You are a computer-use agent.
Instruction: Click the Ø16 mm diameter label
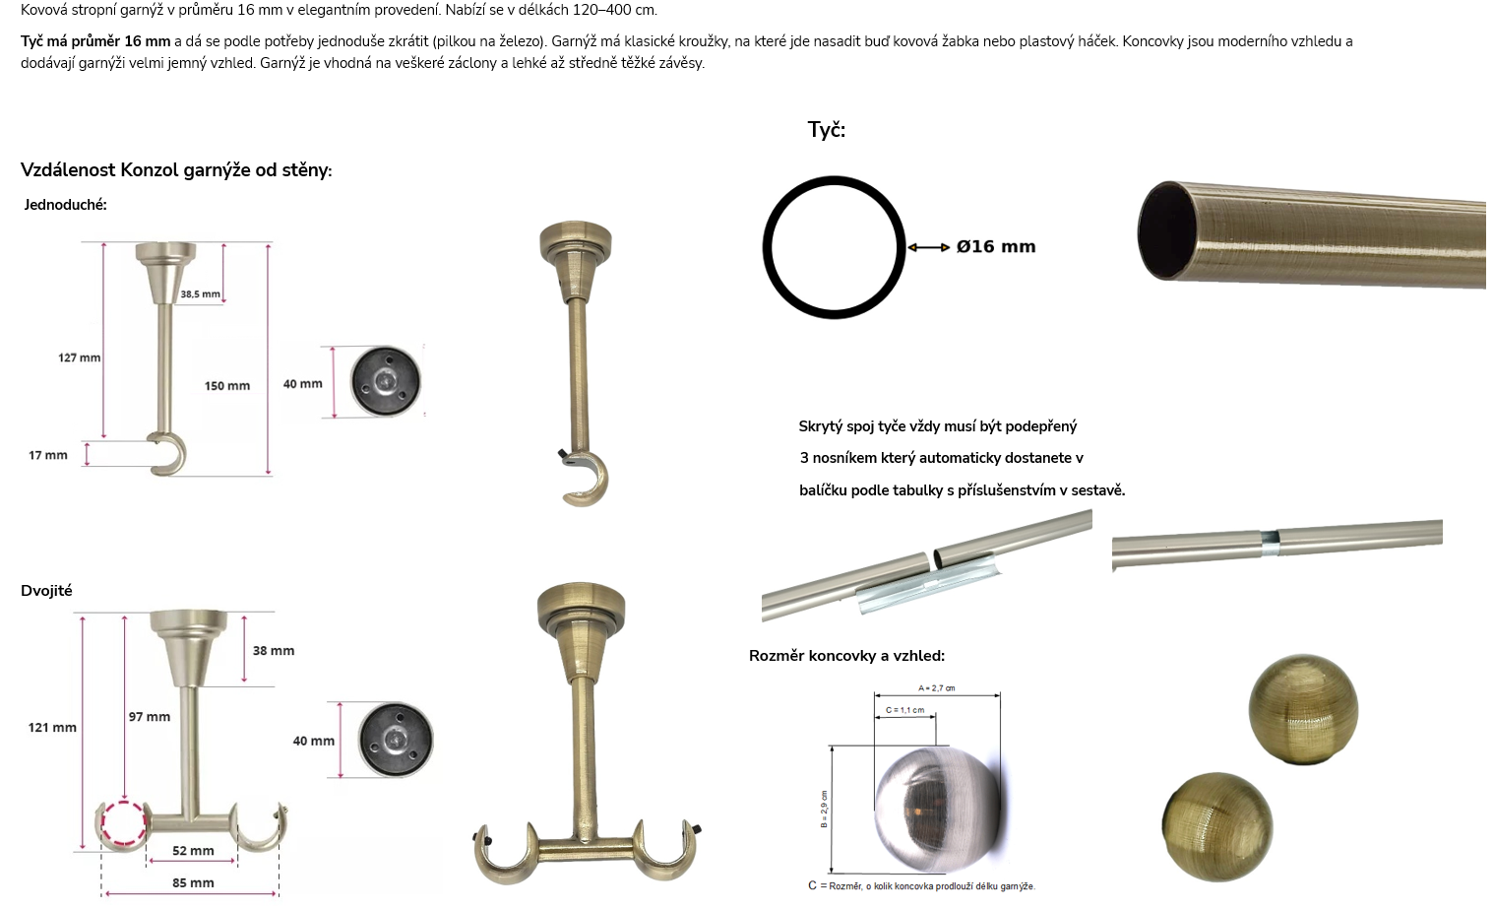tap(996, 247)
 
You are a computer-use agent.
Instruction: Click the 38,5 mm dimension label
tap(200, 293)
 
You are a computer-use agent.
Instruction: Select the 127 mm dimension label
tap(80, 357)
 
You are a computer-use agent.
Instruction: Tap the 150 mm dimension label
tap(227, 386)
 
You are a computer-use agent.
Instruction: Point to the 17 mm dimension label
tap(48, 455)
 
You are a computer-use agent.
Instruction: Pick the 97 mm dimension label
tap(150, 717)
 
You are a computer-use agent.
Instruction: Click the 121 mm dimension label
tap(52, 728)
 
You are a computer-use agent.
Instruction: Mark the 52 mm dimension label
tap(194, 851)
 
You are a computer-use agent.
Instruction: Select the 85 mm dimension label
tap(194, 883)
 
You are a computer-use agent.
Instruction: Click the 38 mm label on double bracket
tap(274, 651)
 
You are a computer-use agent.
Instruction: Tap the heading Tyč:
tap(827, 129)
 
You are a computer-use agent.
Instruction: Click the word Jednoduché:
tap(65, 205)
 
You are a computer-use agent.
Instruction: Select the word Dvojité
tap(46, 591)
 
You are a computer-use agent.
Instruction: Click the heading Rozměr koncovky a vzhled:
tap(847, 656)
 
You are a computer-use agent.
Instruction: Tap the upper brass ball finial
tap(1303, 709)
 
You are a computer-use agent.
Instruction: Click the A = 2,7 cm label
tap(936, 688)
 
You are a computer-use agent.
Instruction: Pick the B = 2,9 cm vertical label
tap(825, 810)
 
